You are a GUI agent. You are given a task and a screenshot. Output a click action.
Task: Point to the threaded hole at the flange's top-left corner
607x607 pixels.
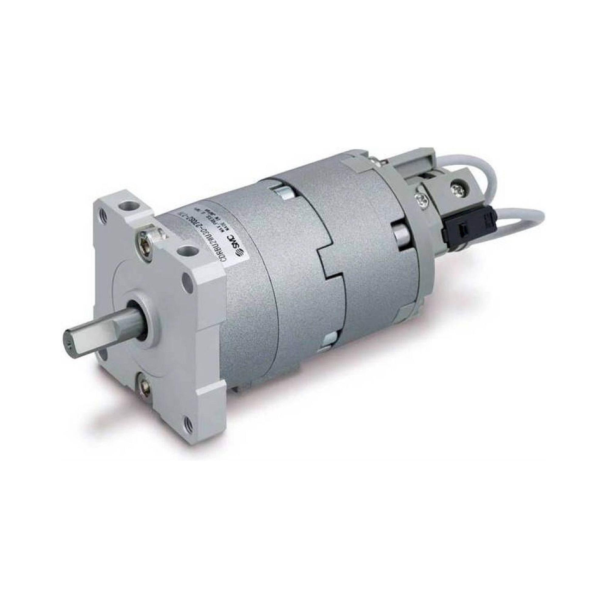click(101, 207)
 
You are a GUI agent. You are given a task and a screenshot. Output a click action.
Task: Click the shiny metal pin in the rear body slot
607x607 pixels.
click(401, 232)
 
